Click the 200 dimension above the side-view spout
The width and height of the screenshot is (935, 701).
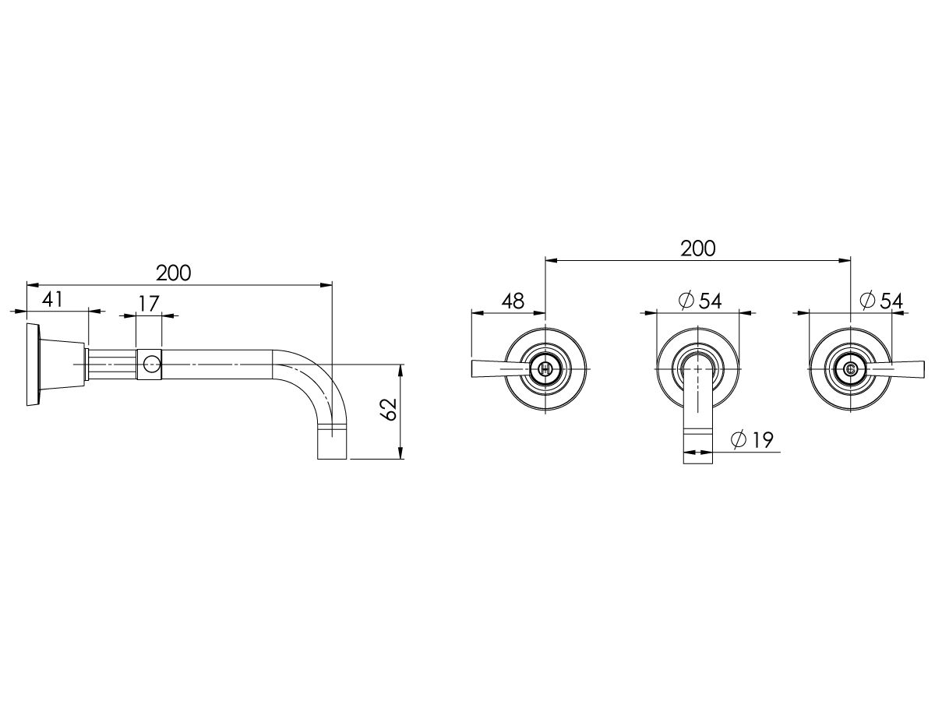(173, 273)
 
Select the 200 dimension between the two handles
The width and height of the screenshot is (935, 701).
(697, 248)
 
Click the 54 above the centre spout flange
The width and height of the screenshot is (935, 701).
(710, 301)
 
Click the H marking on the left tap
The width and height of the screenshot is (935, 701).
(545, 368)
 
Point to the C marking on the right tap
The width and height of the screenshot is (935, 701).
(850, 368)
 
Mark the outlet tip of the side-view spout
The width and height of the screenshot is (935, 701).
(333, 449)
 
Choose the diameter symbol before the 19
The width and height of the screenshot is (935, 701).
(739, 440)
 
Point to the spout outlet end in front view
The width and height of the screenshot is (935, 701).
(698, 452)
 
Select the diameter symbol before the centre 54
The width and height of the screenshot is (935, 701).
(686, 301)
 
